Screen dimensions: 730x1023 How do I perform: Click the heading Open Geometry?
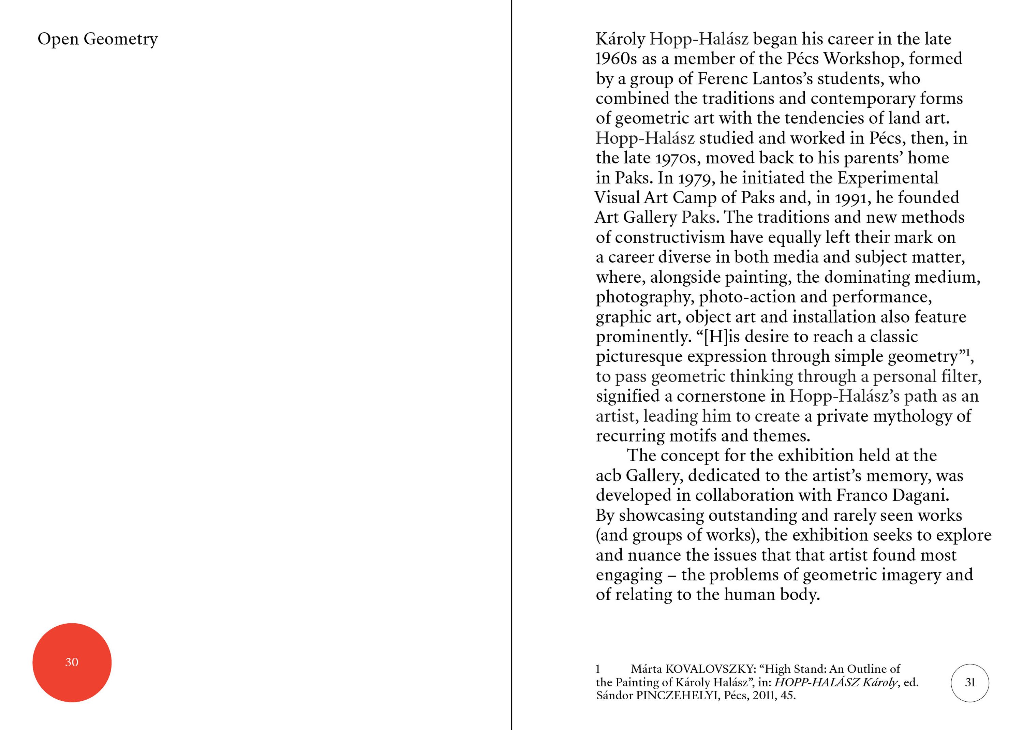(x=98, y=39)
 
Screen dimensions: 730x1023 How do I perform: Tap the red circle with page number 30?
(x=72, y=662)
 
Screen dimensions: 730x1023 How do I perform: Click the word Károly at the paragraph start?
(x=620, y=40)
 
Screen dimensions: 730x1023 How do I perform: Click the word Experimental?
(x=888, y=178)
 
